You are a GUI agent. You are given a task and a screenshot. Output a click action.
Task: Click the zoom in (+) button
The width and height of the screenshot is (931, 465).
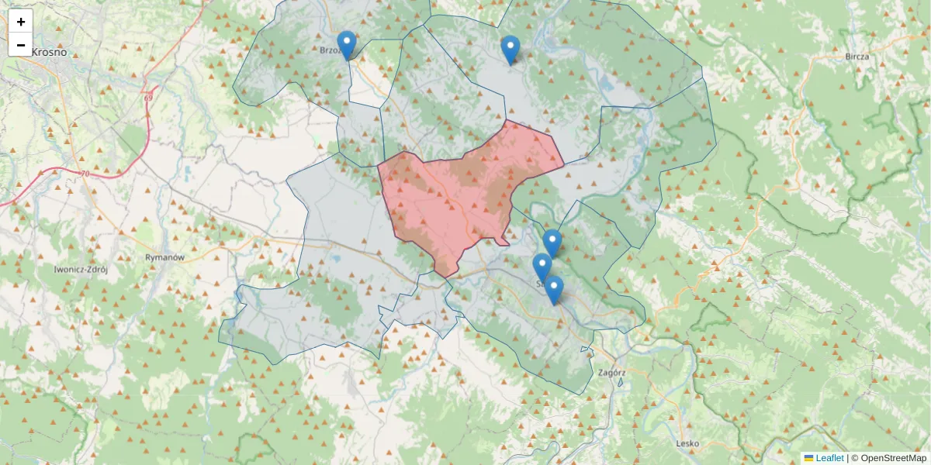pyautogui.click(x=21, y=22)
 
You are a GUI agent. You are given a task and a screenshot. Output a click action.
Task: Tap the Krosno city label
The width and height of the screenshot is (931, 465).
pyautogui.click(x=50, y=52)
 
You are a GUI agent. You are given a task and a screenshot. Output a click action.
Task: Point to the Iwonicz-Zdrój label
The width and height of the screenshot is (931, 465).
pyautogui.click(x=80, y=270)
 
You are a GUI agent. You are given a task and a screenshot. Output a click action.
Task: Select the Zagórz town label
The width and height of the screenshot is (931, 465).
pyautogui.click(x=613, y=372)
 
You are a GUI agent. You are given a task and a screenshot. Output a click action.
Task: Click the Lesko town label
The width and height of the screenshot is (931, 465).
pyautogui.click(x=687, y=443)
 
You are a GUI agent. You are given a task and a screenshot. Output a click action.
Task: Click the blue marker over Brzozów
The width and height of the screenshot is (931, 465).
pyautogui.click(x=347, y=45)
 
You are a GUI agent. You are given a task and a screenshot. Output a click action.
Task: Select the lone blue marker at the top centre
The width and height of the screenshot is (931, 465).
pyautogui.click(x=510, y=50)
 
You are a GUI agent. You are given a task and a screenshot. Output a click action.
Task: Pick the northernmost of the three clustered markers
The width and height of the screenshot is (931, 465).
pyautogui.click(x=552, y=243)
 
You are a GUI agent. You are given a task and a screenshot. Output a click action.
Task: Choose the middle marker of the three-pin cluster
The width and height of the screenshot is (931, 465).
pyautogui.click(x=542, y=267)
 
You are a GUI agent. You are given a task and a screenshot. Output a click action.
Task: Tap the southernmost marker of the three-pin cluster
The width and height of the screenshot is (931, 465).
pyautogui.click(x=553, y=290)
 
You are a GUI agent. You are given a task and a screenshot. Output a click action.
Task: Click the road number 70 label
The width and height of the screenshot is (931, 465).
pyautogui.click(x=84, y=174)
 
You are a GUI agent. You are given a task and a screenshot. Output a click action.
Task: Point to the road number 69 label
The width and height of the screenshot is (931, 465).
pyautogui.click(x=147, y=97)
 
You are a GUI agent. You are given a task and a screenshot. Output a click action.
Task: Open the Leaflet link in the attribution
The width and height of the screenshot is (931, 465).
pyautogui.click(x=829, y=458)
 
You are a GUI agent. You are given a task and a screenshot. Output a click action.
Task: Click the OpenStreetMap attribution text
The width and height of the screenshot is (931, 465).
pyautogui.click(x=894, y=458)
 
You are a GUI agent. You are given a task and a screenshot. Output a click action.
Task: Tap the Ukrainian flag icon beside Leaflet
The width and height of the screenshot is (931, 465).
pyautogui.click(x=808, y=458)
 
